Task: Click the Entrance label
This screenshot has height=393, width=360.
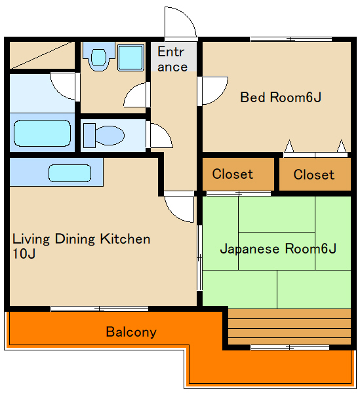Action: [172, 59]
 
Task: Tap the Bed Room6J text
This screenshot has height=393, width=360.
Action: [280, 98]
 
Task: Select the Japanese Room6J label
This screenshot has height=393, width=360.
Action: [277, 249]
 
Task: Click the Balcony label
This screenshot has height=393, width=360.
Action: [131, 331]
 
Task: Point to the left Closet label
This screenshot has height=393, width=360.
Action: [232, 174]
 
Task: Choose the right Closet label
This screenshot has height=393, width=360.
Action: [313, 174]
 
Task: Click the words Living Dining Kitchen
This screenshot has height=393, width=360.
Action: [81, 239]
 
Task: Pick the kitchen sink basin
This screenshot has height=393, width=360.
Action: [69, 174]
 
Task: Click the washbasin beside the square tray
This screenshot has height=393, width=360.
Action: [99, 58]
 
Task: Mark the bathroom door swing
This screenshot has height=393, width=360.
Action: [64, 85]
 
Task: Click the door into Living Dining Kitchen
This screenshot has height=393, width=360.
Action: [178, 207]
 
